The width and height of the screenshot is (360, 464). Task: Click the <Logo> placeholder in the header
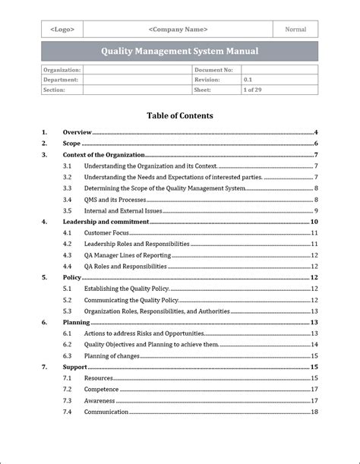point(62,30)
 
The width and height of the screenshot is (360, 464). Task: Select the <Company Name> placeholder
point(178,30)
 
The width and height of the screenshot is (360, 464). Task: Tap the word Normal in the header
point(295,30)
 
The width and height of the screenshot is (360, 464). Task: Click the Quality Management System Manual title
point(179,52)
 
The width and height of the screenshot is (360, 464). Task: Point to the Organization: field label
point(62,70)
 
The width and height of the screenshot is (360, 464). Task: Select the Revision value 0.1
point(248,80)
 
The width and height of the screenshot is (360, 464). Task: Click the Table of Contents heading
point(179,116)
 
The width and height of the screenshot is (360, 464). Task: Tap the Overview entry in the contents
point(77,132)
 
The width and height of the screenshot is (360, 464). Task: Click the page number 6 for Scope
point(315,144)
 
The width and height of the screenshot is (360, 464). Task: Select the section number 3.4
point(68,199)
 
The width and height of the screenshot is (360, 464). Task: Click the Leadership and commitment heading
point(106,222)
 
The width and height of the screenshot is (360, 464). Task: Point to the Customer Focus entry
point(106,233)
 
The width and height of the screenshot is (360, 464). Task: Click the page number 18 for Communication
point(314,412)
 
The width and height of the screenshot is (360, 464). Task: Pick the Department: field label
point(61,80)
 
